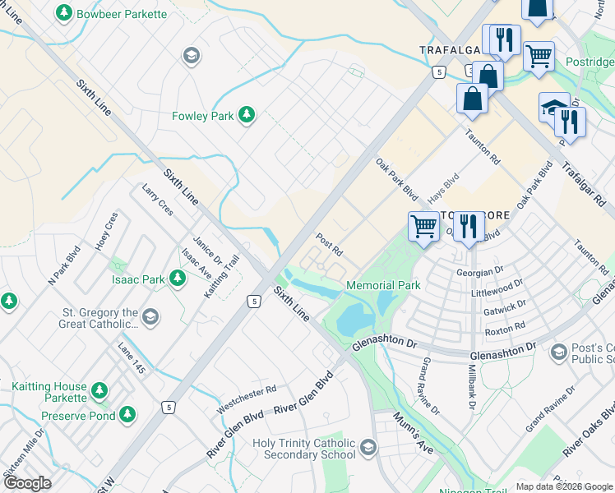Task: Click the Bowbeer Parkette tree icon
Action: point(64,14)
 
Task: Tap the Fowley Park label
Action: point(203,116)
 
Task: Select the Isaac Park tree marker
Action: point(177,279)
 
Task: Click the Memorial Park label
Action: point(383,285)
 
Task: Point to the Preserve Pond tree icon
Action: point(127,415)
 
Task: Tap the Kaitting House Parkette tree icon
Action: point(99,389)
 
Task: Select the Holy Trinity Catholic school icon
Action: point(368,449)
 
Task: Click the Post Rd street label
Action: point(329,243)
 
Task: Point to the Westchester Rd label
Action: point(247,399)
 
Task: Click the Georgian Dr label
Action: point(479,270)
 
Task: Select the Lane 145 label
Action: point(132,359)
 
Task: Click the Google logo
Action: point(26,483)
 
